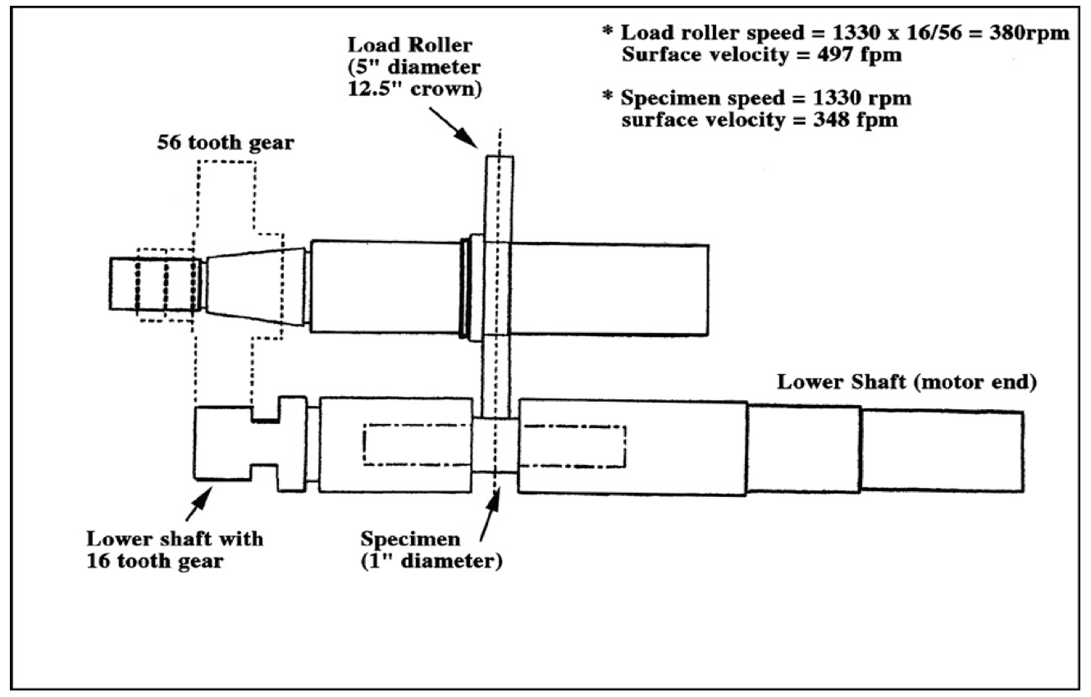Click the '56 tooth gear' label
point(226,143)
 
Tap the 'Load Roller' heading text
point(409,45)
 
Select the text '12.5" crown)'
point(414,89)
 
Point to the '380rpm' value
point(1029,33)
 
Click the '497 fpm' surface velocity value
point(860,54)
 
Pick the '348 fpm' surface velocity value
point(856,120)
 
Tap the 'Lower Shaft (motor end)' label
point(907,382)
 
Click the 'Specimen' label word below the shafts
point(410,540)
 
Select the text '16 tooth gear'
point(155,561)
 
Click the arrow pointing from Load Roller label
point(454,128)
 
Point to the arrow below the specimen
point(489,517)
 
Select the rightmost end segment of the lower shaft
point(942,451)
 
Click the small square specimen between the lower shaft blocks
point(495,445)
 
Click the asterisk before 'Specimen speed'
point(607,95)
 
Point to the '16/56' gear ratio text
point(931,33)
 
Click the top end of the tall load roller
point(500,157)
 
